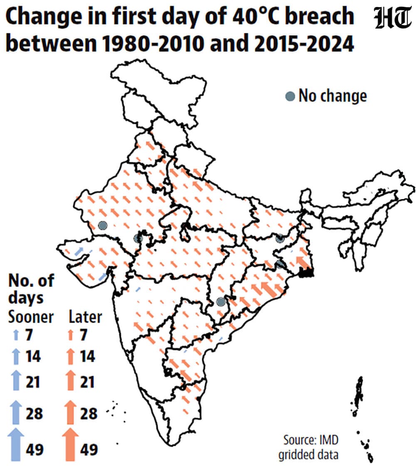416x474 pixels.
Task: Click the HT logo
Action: click(392, 19)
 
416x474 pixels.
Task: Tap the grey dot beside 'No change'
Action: click(290, 96)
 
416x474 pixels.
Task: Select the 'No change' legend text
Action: click(333, 96)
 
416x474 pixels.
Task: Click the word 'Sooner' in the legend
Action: click(31, 317)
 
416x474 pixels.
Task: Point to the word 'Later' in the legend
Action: click(85, 317)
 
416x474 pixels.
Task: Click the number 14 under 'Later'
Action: click(87, 356)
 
